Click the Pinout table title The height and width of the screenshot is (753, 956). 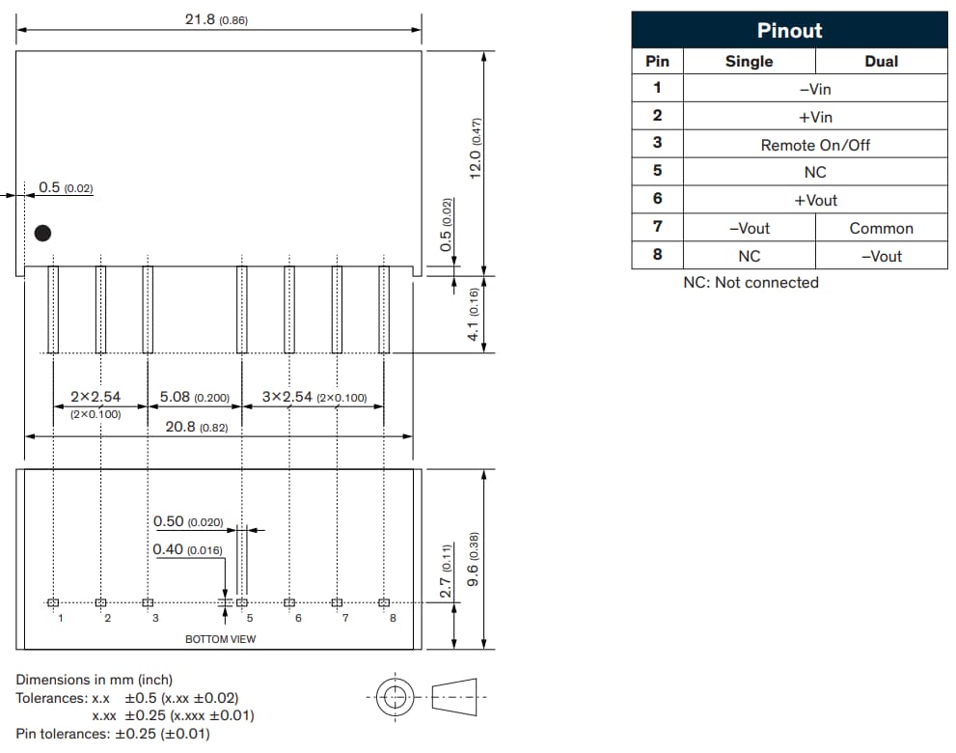pyautogui.click(x=789, y=30)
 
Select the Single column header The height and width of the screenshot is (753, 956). pyautogui.click(x=749, y=61)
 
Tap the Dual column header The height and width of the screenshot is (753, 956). pyautogui.click(x=881, y=61)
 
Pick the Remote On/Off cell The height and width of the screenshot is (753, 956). pyautogui.click(x=815, y=145)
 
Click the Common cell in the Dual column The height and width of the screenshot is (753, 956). pyautogui.click(x=881, y=229)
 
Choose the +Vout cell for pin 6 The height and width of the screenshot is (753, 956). pyautogui.click(x=815, y=201)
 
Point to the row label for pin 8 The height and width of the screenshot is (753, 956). pyautogui.click(x=657, y=256)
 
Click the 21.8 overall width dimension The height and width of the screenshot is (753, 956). pyautogui.click(x=216, y=19)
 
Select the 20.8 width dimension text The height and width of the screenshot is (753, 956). pyautogui.click(x=197, y=427)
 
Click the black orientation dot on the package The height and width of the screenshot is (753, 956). pyautogui.click(x=42, y=233)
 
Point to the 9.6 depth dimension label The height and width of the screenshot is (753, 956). pyautogui.click(x=473, y=559)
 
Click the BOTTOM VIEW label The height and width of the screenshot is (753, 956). pyautogui.click(x=221, y=639)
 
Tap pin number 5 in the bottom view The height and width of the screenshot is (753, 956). pyautogui.click(x=249, y=618)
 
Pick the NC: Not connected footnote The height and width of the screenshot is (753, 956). pyautogui.click(x=751, y=283)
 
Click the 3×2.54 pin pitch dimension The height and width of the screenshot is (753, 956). pyautogui.click(x=314, y=397)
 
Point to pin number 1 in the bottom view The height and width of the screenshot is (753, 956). pyautogui.click(x=60, y=618)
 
